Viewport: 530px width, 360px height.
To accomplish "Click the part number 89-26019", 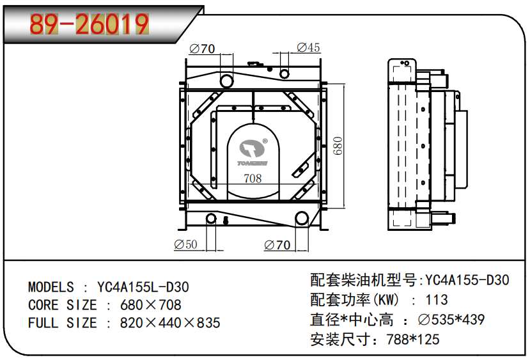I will pos(90,24).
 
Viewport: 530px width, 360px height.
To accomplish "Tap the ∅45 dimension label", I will pos(308,48).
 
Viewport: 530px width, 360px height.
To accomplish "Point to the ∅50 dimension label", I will pos(185,245).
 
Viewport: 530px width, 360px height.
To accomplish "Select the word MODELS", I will pos(51,287).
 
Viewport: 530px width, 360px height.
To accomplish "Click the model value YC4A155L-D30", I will pos(143,287).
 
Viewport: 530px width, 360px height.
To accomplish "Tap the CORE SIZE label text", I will pos(62,305).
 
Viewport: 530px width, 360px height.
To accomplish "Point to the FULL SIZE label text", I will pos(62,323).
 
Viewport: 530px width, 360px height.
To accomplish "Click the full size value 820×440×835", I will pos(170,323).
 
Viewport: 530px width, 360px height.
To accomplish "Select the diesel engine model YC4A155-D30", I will pos(467,280).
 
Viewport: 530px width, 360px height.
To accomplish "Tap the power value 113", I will pos(436,299).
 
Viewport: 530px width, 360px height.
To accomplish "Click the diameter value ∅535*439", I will pos(451,319).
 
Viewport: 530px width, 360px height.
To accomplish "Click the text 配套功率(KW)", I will pos(355,299).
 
